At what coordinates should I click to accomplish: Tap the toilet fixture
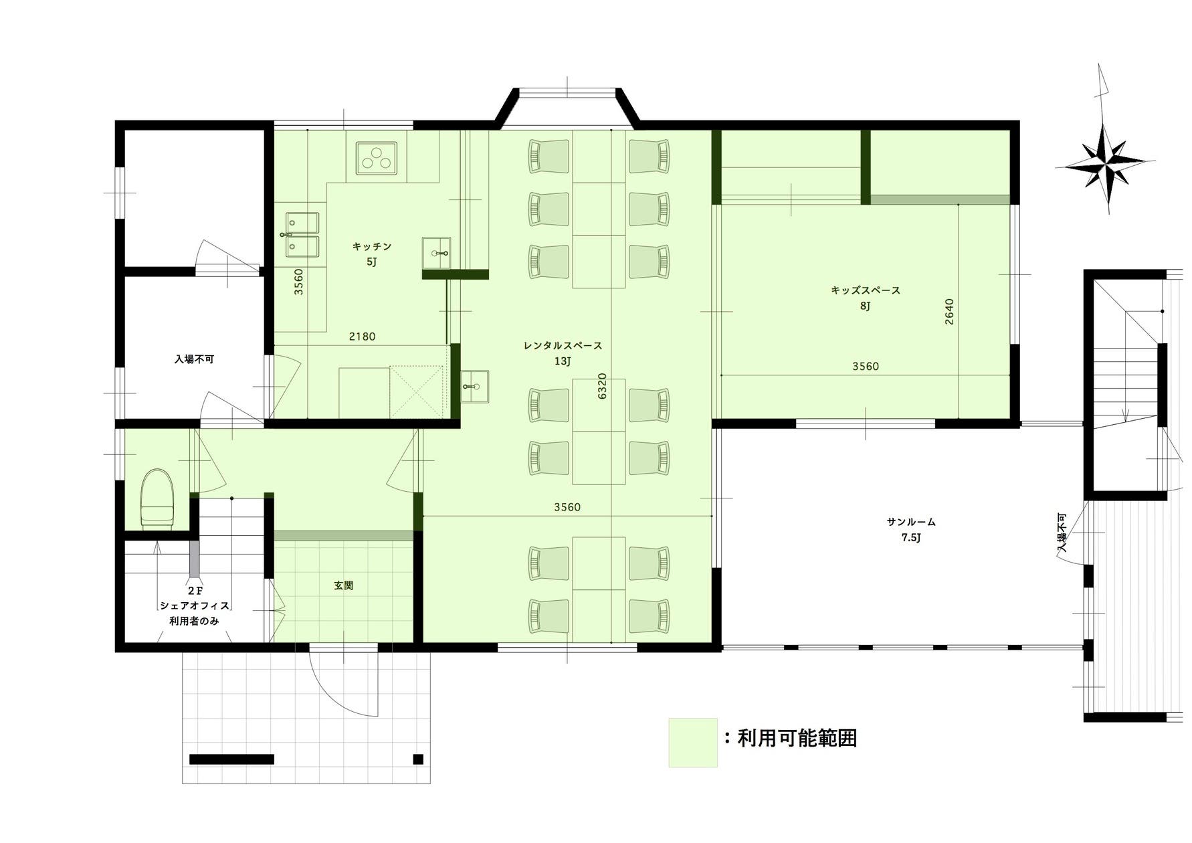(157, 499)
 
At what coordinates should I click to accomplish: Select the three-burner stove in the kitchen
(377, 159)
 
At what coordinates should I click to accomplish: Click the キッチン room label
(372, 247)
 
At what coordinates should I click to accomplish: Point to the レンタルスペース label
(563, 346)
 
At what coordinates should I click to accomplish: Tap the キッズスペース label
(866, 290)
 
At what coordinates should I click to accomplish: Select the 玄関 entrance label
(343, 585)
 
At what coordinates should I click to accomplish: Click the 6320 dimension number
(602, 386)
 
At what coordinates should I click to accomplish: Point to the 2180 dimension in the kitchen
(362, 337)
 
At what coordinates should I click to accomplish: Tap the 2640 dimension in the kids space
(949, 312)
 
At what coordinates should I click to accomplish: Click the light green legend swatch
(693, 743)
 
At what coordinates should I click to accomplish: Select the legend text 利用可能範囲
(797, 739)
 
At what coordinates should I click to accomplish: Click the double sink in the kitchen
(302, 235)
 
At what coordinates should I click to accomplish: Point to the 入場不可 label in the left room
(194, 359)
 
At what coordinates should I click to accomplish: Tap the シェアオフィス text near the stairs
(194, 605)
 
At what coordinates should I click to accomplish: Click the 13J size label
(563, 362)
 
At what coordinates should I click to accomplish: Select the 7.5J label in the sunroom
(911, 538)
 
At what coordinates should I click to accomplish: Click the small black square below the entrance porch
(418, 759)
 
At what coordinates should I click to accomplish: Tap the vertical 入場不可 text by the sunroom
(1062, 533)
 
